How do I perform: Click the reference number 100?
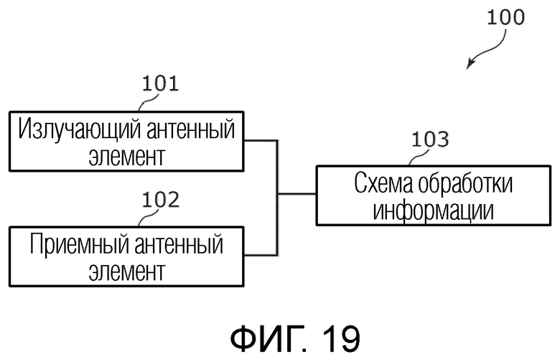click(505, 17)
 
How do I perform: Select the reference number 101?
click(160, 83)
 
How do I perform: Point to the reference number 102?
click(160, 200)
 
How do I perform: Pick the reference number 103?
click(430, 139)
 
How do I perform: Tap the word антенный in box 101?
click(191, 129)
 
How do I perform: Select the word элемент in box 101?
click(127, 157)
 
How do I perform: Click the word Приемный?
click(79, 244)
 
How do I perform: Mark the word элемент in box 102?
click(127, 272)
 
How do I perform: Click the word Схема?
click(383, 184)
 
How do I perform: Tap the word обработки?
click(465, 184)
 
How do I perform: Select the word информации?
click(434, 211)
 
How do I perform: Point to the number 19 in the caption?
click(341, 338)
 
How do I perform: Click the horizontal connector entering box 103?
click(297, 194)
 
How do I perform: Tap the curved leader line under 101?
click(146, 102)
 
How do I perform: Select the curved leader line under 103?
click(418, 157)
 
